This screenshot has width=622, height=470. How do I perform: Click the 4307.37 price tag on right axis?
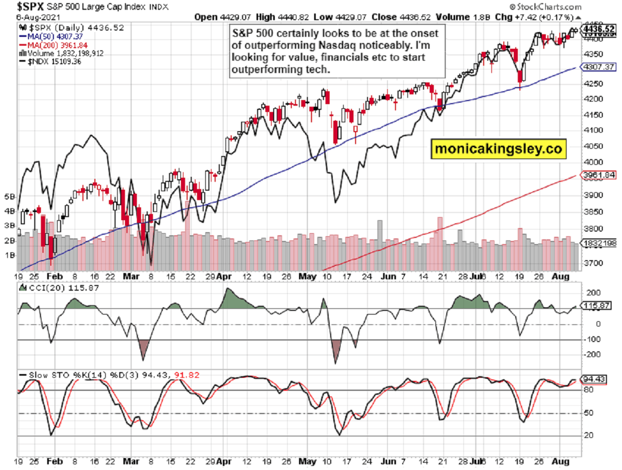(598, 67)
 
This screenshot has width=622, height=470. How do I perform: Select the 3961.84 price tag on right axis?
(598, 176)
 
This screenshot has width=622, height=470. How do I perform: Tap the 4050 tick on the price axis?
(591, 146)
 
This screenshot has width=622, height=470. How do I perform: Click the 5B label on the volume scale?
(9, 197)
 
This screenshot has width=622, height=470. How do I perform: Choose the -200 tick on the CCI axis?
(589, 354)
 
